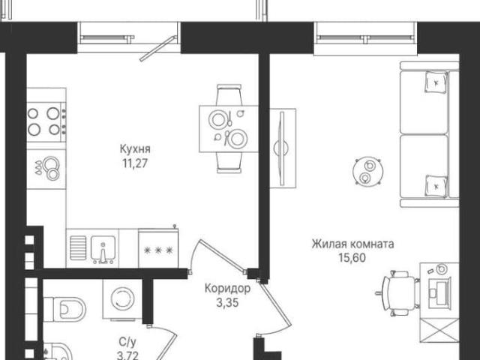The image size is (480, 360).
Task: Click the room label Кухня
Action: coord(135,149)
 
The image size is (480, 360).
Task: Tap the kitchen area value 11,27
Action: coord(135,163)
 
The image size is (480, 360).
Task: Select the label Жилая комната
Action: coord(353,244)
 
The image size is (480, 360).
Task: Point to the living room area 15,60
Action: coord(352,258)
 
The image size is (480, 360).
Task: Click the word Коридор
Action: coord(227,288)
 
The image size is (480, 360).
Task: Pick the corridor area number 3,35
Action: coord(227,303)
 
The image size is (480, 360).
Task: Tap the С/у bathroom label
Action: coord(127,342)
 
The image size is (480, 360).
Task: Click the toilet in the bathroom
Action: coord(64,309)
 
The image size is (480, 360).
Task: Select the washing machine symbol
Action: coord(122,299)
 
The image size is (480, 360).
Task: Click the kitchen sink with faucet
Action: coord(103,249)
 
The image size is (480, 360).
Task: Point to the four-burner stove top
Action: coord(46,121)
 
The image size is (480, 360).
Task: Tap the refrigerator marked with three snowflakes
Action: coord(158,248)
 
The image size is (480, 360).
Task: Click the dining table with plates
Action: coord(229,129)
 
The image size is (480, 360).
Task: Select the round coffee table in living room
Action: coord(367,172)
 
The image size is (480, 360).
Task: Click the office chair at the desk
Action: coord(397,293)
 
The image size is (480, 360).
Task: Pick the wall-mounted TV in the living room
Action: coord(282,148)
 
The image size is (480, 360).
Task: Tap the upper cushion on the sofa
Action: coord(436,82)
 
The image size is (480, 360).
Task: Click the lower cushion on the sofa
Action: coord(436,185)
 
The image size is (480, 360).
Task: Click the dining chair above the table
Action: coord(229,95)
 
